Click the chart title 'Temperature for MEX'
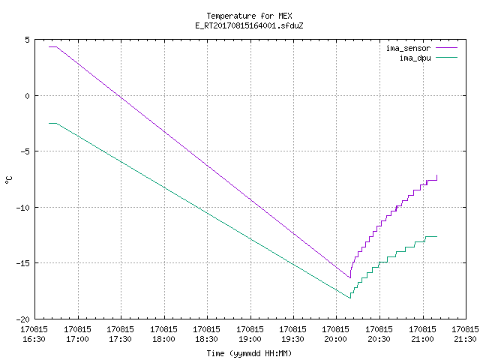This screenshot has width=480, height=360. (249, 16)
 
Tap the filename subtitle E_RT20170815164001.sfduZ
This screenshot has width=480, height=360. (249, 25)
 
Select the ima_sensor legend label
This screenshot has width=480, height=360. (408, 48)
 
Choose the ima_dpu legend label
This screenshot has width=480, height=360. (415, 58)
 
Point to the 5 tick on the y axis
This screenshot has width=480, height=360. (27, 40)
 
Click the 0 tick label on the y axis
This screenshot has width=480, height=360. (27, 96)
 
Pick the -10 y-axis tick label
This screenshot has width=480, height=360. (23, 208)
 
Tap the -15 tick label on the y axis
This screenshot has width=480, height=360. (23, 263)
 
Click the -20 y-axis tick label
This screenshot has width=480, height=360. (23, 319)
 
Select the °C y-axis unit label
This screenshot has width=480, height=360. (9, 180)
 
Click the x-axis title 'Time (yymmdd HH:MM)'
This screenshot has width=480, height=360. (249, 353)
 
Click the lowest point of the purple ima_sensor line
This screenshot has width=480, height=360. (350, 277)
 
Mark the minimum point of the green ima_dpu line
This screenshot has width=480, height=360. (350, 298)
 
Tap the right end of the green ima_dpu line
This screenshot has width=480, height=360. (436, 237)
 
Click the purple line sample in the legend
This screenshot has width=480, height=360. (446, 48)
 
